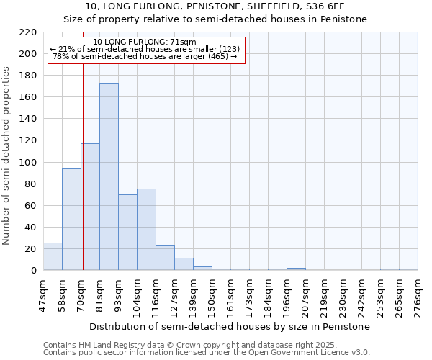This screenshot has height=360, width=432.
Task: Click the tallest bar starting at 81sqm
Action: (109, 176)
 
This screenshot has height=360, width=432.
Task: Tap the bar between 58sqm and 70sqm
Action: (71, 219)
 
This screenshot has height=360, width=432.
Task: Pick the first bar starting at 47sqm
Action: (53, 257)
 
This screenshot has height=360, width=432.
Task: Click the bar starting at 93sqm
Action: (127, 232)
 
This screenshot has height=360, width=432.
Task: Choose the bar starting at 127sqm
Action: (184, 264)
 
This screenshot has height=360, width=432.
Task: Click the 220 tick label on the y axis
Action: (27, 32)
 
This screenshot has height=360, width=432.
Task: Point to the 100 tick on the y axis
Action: (27, 163)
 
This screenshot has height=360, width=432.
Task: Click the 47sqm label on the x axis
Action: (43, 295)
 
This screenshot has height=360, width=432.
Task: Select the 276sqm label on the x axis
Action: (418, 295)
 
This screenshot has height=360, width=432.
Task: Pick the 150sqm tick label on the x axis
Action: (212, 295)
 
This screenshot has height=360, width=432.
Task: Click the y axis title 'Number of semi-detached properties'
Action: (6, 156)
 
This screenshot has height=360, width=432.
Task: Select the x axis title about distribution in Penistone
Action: (230, 326)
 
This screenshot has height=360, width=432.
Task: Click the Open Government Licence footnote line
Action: (207, 353)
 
